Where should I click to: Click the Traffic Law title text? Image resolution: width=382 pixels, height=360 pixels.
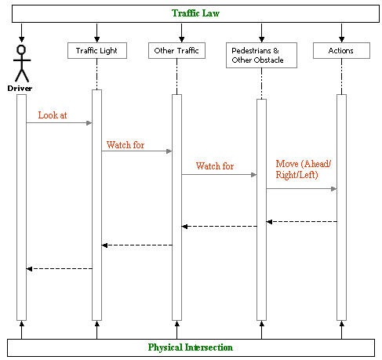point(195,13)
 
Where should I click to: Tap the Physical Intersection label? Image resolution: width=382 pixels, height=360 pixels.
point(191,347)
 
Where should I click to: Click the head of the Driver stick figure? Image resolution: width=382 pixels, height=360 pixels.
point(21,49)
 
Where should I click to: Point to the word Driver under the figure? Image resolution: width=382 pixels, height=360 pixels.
point(20,89)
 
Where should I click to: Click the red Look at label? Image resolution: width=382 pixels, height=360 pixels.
point(53,115)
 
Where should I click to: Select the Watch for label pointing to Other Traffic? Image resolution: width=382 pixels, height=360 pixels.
point(126,145)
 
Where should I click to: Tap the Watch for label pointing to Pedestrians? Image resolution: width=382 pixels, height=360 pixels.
point(215,166)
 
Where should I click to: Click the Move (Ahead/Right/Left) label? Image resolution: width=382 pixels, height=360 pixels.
point(304,169)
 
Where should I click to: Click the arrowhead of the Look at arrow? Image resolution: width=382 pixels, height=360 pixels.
point(89,123)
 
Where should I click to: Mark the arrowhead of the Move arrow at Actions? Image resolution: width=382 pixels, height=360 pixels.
point(334,189)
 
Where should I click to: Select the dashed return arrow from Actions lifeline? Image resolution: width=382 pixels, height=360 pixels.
point(302,222)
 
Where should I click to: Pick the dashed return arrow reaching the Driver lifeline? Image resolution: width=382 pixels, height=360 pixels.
point(60,269)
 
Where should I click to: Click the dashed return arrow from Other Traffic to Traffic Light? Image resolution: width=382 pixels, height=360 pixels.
point(137,245)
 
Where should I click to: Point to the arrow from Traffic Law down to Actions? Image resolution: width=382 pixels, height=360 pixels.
point(341,33)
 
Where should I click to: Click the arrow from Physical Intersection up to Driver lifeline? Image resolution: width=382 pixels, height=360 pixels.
point(22,330)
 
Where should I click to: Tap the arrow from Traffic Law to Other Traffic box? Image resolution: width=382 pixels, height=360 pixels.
point(182,33)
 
